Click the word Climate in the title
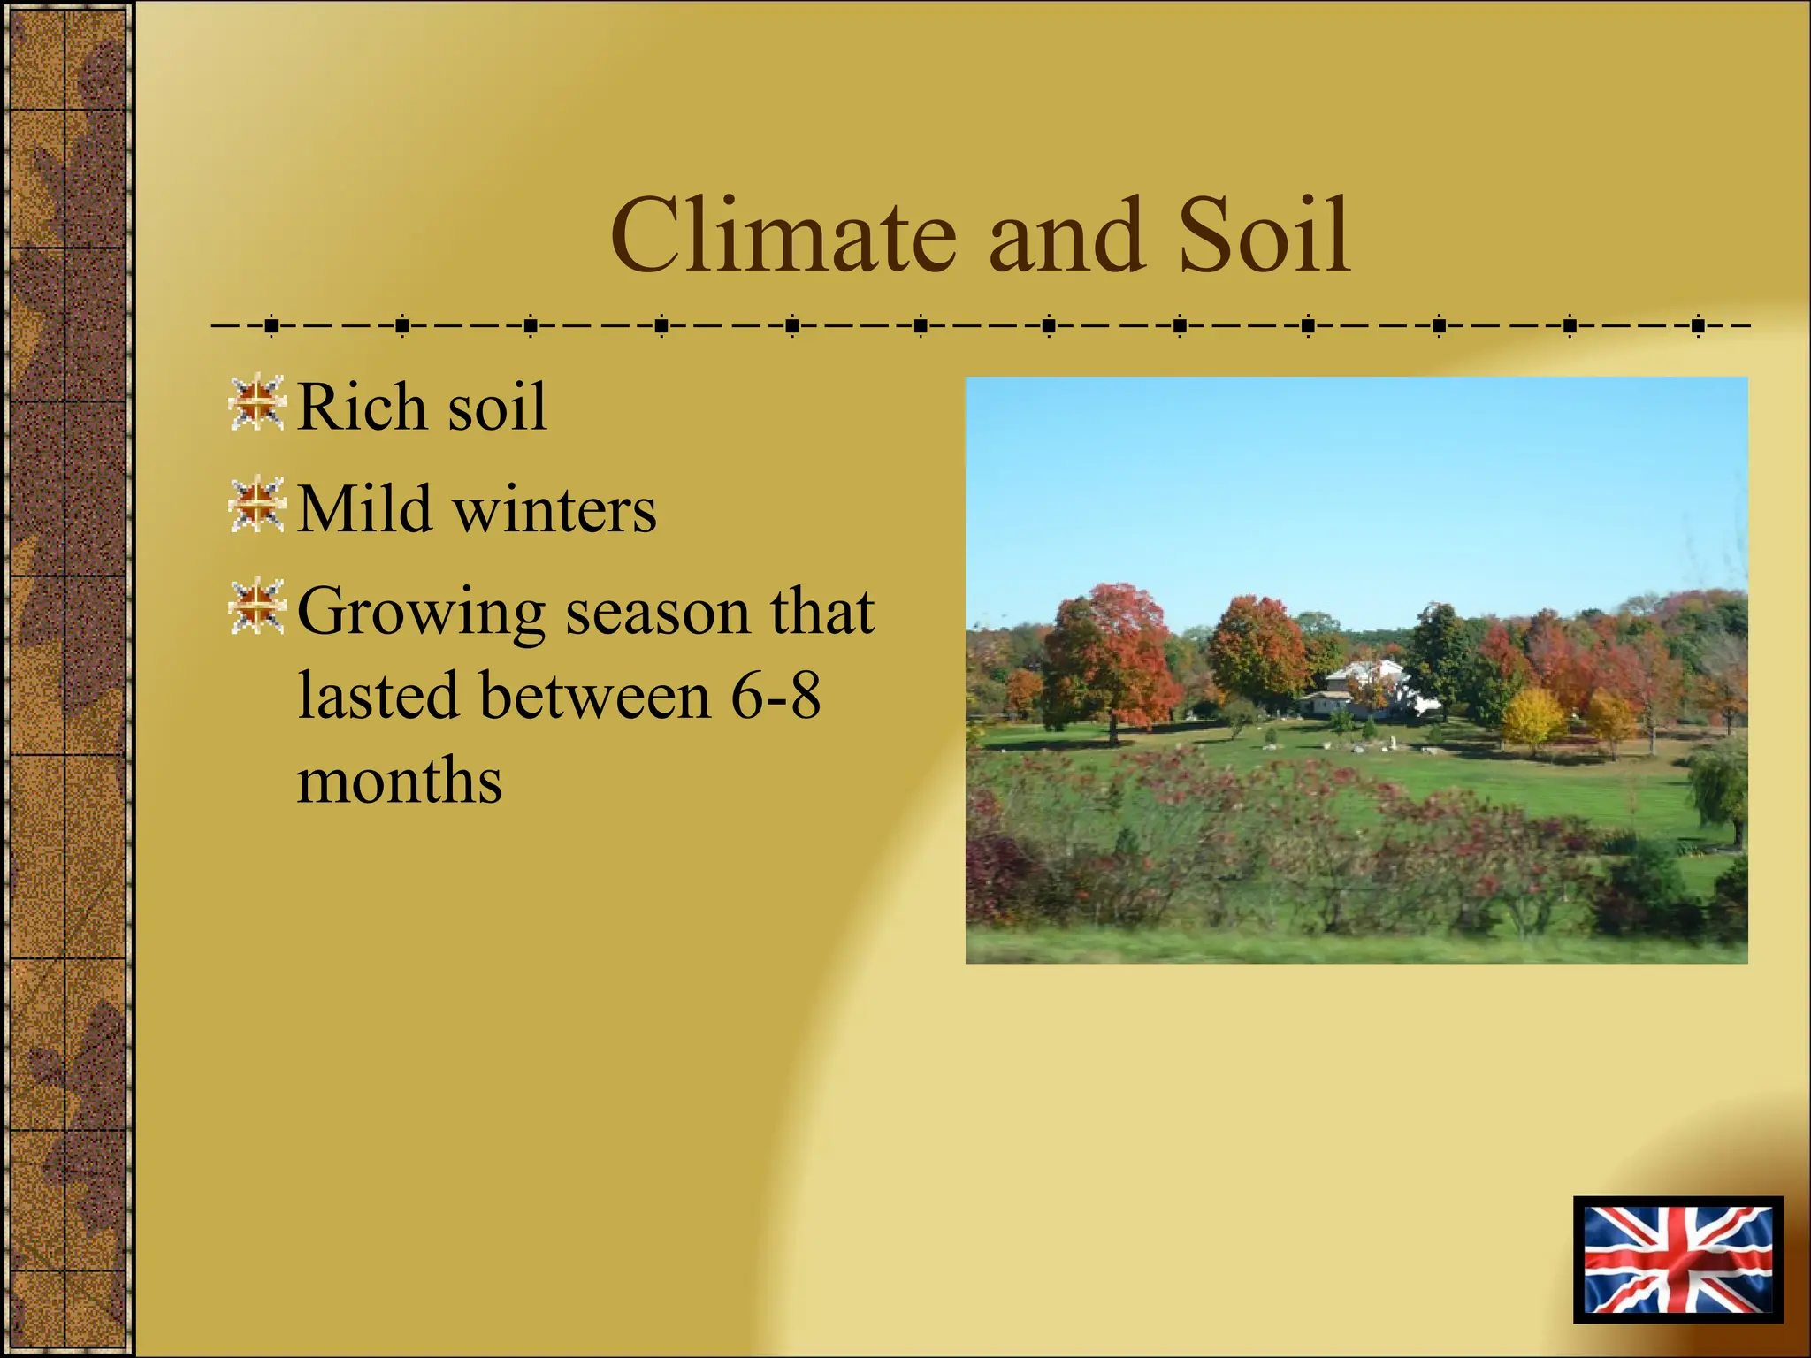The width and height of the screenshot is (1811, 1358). point(783,237)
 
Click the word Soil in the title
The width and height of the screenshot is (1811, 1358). point(1265,237)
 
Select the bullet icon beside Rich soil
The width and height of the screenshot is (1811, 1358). point(256,403)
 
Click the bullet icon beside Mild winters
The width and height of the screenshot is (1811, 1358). point(256,505)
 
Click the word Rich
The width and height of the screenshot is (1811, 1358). point(362,407)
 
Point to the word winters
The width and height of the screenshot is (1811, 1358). point(554,511)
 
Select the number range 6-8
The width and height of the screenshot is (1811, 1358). point(776,696)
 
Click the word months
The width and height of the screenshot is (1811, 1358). point(399,781)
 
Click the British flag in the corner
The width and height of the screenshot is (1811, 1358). point(1677,1259)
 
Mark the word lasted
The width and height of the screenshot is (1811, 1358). point(378,696)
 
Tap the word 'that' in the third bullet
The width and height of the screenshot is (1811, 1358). point(821,611)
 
